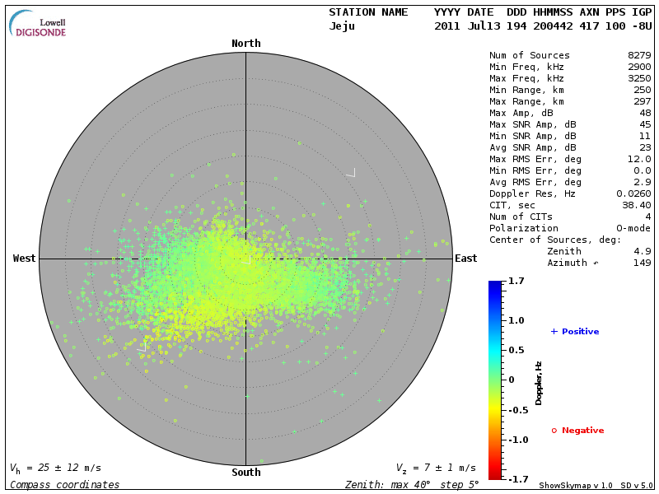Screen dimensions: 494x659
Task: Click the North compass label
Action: (x=245, y=44)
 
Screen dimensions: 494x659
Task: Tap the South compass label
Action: (x=245, y=473)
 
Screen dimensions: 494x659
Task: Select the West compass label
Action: (x=25, y=259)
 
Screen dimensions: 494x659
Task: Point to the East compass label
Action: (x=465, y=259)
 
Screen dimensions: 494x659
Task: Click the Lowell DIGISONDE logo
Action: (x=39, y=24)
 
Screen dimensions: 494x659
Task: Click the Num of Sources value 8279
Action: (x=639, y=55)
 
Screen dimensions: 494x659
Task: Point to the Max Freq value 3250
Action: (x=639, y=78)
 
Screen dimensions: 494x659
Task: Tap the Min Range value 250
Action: (x=643, y=90)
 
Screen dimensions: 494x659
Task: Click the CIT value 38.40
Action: (x=637, y=205)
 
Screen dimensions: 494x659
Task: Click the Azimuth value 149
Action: (x=643, y=263)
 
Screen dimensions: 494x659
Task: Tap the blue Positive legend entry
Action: (x=575, y=332)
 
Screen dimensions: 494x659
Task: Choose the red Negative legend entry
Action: (x=577, y=431)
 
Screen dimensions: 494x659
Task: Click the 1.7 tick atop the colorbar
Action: (x=516, y=282)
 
